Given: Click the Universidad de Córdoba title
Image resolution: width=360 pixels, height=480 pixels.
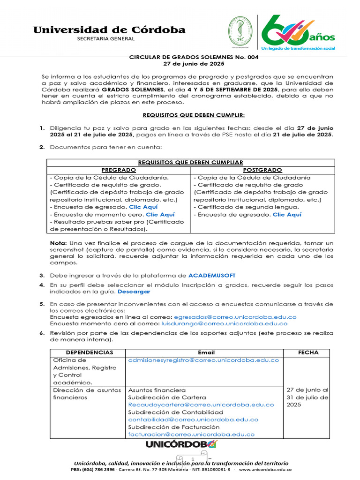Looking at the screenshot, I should click(109, 30).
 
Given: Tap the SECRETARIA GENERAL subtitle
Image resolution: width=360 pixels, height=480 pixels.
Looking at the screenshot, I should click(105, 39).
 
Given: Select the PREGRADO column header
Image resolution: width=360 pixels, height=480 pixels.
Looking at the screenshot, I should click(119, 170).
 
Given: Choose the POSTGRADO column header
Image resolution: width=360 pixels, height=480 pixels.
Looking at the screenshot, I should click(262, 170).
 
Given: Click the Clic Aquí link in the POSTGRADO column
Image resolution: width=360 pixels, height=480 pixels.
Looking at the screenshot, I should click(287, 215).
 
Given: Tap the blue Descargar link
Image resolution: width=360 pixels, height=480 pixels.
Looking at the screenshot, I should click(134, 292).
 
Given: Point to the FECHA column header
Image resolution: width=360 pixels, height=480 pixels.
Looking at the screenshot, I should click(307, 352).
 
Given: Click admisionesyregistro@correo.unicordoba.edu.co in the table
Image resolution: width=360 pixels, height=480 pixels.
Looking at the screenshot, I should click(203, 360).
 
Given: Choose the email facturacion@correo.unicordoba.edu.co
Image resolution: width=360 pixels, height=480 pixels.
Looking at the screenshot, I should click(191, 435).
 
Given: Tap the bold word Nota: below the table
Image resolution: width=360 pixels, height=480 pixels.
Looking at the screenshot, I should click(59, 243).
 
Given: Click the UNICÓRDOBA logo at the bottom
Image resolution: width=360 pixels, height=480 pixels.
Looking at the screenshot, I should click(181, 444).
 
